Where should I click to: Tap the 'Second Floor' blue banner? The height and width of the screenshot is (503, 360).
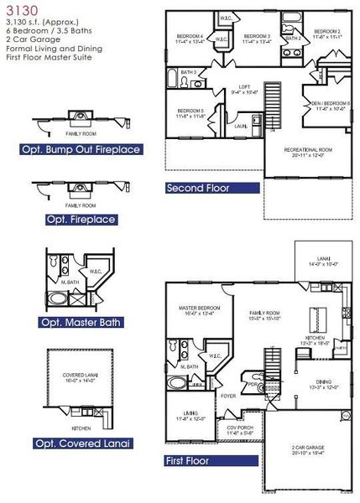198,189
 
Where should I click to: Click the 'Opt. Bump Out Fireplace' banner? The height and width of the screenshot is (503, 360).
81,150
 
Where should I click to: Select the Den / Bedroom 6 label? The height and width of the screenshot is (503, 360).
331,104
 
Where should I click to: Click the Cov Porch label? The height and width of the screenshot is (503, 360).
241,429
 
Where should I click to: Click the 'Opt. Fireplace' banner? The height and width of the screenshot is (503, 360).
81,220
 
